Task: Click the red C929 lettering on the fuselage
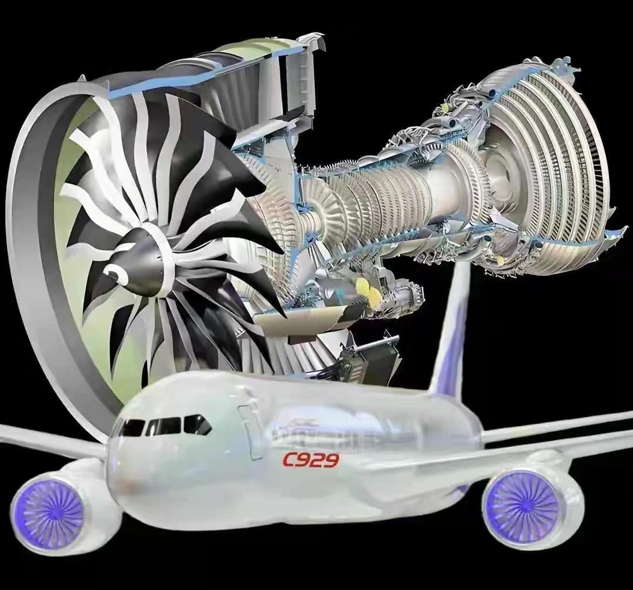311,459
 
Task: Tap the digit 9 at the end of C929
331,460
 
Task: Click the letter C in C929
290,459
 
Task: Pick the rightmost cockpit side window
197,424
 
